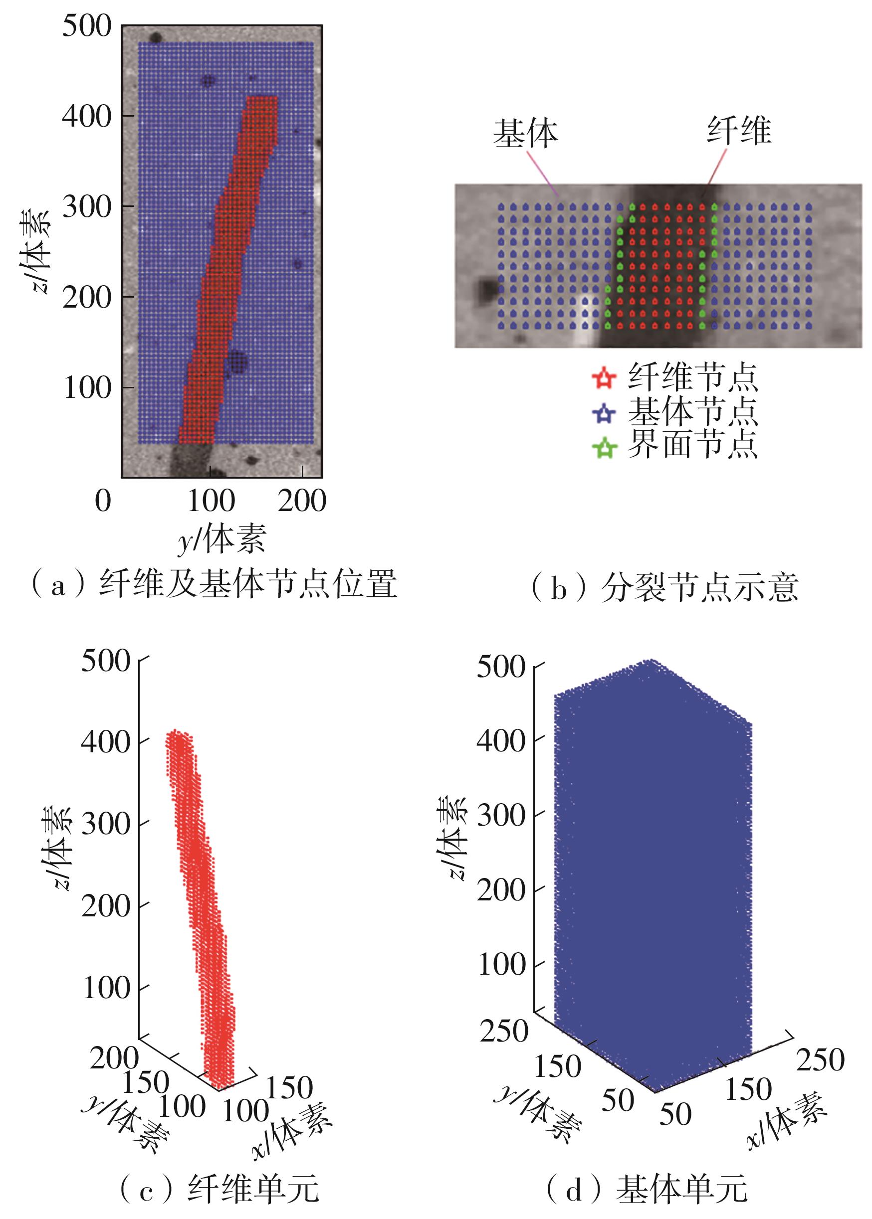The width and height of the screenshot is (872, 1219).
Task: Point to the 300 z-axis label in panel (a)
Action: tap(86, 206)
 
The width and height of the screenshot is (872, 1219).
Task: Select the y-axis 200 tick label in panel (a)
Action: tap(302, 501)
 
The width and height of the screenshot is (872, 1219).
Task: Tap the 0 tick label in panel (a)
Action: tap(103, 501)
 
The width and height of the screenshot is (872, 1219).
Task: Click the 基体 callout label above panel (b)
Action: tap(525, 133)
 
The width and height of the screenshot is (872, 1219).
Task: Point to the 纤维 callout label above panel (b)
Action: tap(739, 131)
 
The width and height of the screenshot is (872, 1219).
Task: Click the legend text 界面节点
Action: tap(692, 445)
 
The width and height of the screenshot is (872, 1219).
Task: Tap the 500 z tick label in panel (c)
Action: tap(106, 661)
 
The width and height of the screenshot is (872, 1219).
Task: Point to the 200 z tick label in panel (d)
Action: tap(500, 890)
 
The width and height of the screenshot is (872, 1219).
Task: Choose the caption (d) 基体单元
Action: tap(647, 1189)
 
